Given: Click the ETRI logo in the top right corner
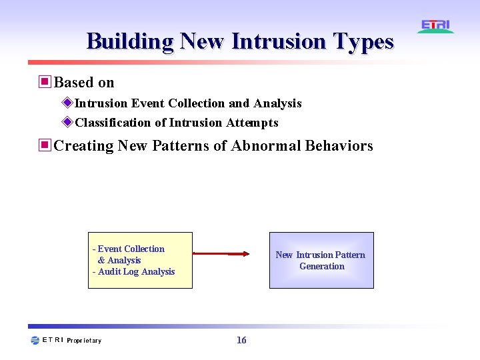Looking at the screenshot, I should pos(436,27).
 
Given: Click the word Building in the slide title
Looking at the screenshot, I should pos(130,41).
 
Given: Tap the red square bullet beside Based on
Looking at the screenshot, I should pos(45,82).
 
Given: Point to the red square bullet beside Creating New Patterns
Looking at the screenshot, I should pos(45,145).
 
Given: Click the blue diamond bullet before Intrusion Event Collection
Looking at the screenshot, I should pos(67,103).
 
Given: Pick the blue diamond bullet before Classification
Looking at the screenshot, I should pos(67,122).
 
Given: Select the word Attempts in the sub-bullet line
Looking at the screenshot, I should pos(252,123).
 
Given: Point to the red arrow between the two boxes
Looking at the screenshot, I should pos(221,253).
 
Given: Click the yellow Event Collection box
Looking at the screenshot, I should pos(140,260).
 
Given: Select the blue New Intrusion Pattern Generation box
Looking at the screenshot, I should pos(321,260).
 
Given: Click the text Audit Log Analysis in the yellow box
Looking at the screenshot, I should pos(136,271).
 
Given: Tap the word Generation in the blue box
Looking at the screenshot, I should pos(322,266).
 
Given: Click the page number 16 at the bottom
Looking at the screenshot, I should pos(241,341).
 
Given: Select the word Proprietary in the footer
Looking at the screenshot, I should pos(84,341).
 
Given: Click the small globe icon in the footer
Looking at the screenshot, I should pos(35,341).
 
